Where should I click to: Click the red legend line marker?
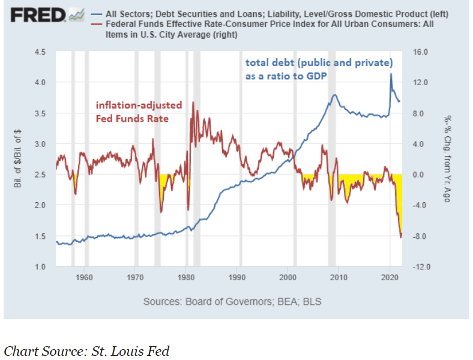click(x=97, y=25)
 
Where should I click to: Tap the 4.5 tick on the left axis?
click(x=40, y=52)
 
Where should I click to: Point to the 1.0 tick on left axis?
click(x=40, y=266)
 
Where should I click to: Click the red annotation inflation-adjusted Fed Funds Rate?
click(x=139, y=112)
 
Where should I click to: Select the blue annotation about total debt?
click(x=318, y=70)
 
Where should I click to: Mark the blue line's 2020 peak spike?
click(x=391, y=74)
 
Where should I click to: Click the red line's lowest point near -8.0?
click(x=401, y=237)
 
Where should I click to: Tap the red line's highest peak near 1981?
click(x=193, y=103)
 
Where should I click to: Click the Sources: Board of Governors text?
click(x=232, y=301)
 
